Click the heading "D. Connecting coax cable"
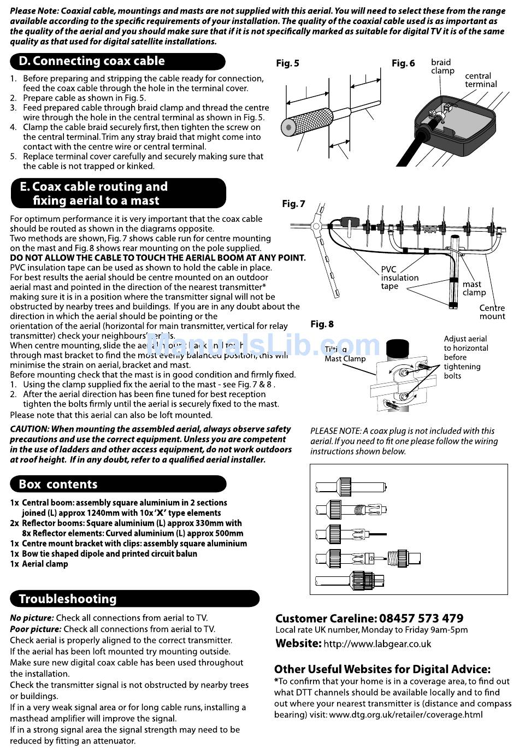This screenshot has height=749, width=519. (92, 61)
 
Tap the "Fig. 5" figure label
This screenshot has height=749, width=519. (287, 63)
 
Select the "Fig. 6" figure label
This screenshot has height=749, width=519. (403, 63)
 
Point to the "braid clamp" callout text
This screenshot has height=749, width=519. (442, 67)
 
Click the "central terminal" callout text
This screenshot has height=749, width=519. (481, 80)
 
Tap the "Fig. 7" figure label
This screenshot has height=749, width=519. (293, 204)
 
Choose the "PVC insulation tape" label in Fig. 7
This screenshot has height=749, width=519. (399, 278)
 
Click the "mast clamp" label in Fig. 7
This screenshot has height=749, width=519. (474, 288)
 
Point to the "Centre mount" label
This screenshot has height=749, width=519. (492, 312)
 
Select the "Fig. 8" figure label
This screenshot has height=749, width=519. (322, 324)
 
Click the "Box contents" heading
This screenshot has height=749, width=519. (58, 484)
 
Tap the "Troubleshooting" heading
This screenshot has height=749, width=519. (68, 599)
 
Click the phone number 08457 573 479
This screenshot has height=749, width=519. (421, 618)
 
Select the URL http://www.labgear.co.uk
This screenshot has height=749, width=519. (377, 644)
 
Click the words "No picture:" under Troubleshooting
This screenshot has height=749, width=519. (32, 618)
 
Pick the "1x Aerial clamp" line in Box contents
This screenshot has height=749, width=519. (39, 564)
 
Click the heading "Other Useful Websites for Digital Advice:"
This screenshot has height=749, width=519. (382, 669)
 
